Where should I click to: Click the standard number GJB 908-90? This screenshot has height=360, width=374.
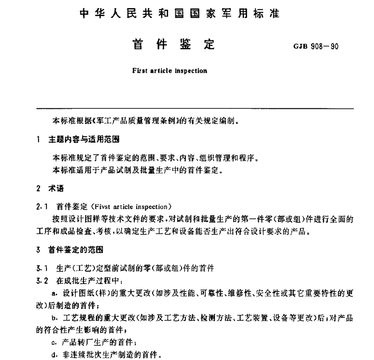coord(315,46)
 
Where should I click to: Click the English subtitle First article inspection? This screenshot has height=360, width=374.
coord(169,70)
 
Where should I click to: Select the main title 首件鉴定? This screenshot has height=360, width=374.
coord(173,45)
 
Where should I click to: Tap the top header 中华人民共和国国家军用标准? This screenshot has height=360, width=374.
coord(180,13)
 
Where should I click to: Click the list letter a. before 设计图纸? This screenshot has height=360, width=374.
coord(54,293)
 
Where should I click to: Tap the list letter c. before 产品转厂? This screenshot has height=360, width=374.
coord(54,343)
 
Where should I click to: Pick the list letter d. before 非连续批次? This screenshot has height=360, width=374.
coord(54,355)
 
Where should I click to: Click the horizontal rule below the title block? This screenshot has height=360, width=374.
coord(195,108)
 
